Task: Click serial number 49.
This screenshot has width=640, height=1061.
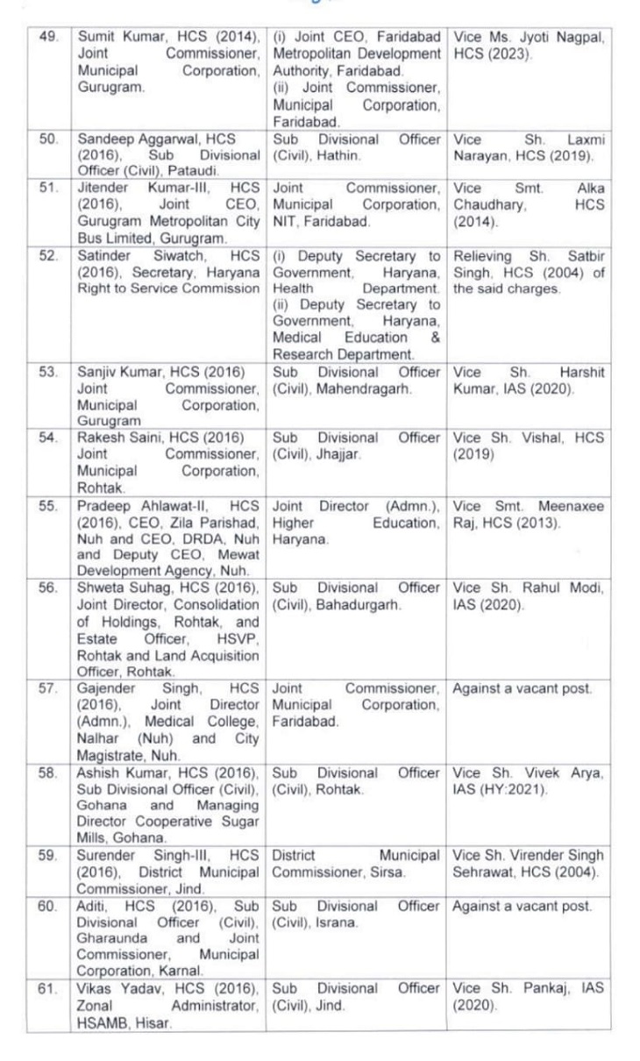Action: tap(39, 37)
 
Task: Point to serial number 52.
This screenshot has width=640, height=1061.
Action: tap(39, 256)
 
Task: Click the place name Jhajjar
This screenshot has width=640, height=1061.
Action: tap(331, 455)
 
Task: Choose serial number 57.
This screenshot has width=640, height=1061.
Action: tap(39, 689)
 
